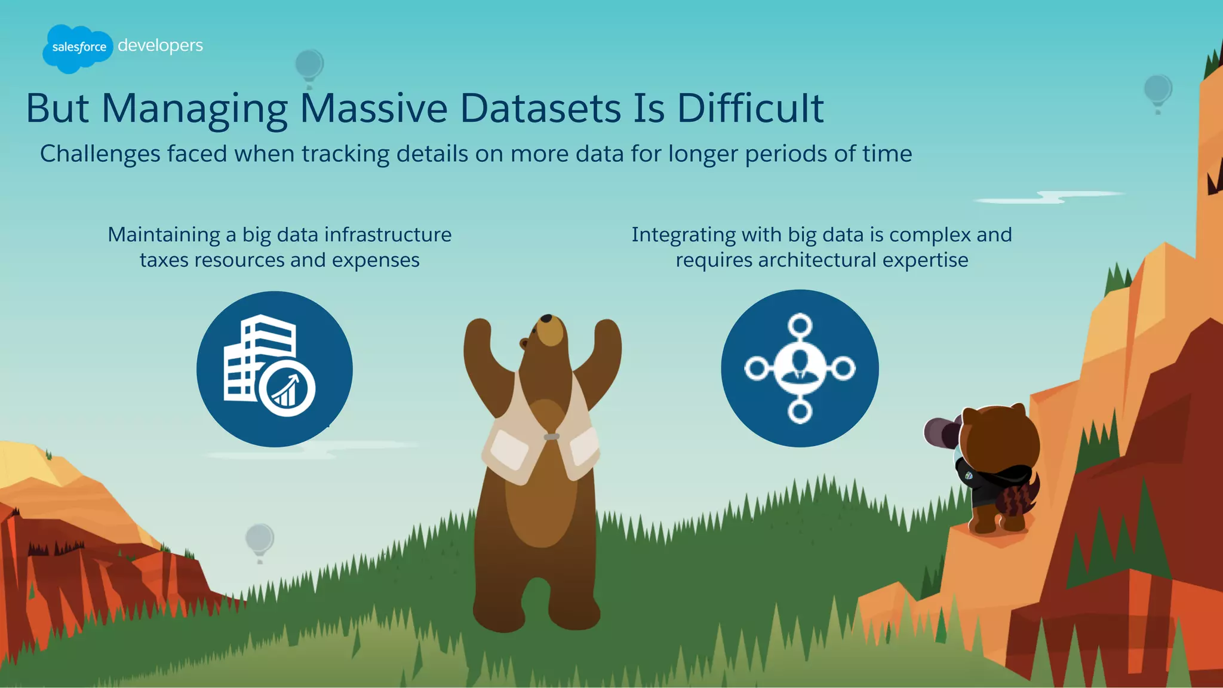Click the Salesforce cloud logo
[x=78, y=48]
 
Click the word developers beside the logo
[x=160, y=46]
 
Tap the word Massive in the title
[x=373, y=109]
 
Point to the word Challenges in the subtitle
[x=100, y=154]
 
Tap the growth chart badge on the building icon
[x=287, y=389]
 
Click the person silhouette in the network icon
[x=800, y=367]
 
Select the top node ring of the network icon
[x=800, y=325]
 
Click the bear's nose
[x=546, y=319]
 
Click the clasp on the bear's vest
[x=552, y=437]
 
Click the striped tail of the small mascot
[x=1020, y=499]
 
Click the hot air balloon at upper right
[x=1158, y=91]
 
